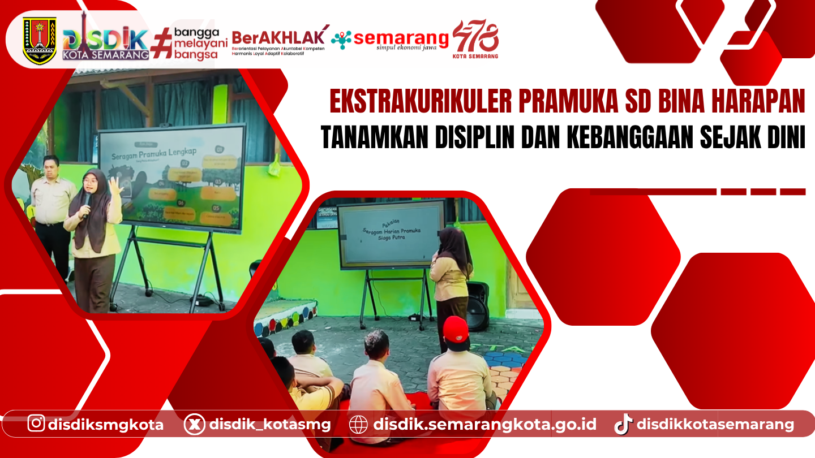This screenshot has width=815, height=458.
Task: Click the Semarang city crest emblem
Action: [x=40, y=40]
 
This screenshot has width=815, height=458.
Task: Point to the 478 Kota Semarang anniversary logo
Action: [x=475, y=40]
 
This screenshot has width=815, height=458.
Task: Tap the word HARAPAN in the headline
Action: [x=757, y=102]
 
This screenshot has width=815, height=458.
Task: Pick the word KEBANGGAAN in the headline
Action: [x=619, y=138]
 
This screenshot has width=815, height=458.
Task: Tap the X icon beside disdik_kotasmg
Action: [x=194, y=424]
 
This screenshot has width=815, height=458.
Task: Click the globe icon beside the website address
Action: [x=358, y=424]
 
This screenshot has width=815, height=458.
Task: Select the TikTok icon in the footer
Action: [x=623, y=424]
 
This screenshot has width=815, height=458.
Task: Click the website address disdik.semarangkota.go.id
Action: [x=485, y=424]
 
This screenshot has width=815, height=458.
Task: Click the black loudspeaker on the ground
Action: [x=477, y=305]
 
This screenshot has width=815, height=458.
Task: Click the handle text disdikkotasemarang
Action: [x=715, y=424]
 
